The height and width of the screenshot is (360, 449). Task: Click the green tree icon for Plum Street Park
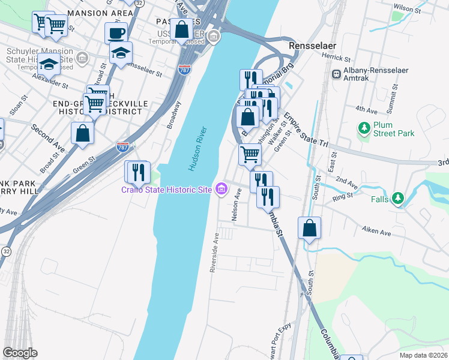point(363,128)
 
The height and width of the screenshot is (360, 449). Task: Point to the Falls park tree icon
point(397,198)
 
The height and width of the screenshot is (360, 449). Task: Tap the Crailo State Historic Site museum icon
point(221,190)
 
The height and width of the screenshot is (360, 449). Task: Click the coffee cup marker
point(116,32)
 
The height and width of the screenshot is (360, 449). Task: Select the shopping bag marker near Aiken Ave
point(309,228)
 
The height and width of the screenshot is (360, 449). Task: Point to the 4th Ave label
point(366,109)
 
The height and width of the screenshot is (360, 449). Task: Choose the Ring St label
point(343,196)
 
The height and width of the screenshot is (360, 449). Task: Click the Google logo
point(20,352)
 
